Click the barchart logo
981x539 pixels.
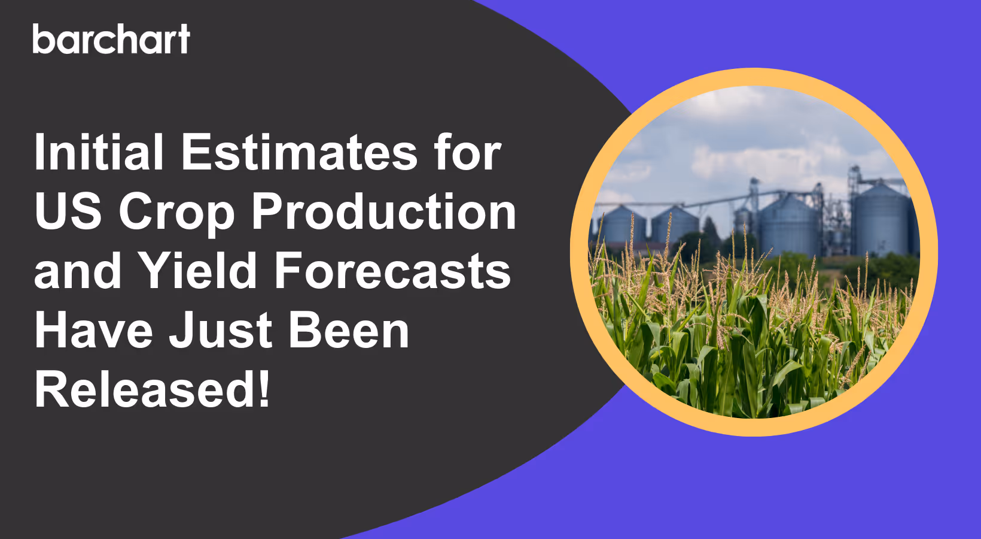[x=111, y=40]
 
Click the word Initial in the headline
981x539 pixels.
[x=99, y=152]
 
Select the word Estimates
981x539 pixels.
[x=299, y=152]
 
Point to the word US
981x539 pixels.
[x=68, y=211]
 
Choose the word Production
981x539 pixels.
[x=383, y=211]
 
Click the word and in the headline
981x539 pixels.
[x=78, y=271]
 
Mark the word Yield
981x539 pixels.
[x=198, y=271]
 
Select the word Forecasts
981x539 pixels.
[x=392, y=271]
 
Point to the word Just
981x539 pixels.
[x=221, y=330]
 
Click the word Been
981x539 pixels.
[x=349, y=330]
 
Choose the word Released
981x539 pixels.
[x=146, y=389]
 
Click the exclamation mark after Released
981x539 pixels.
[x=264, y=389]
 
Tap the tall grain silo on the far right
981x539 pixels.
[x=879, y=219]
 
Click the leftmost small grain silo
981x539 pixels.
[x=622, y=226]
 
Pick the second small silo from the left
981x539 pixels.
[x=674, y=226]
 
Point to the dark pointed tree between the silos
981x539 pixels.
[x=711, y=231]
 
